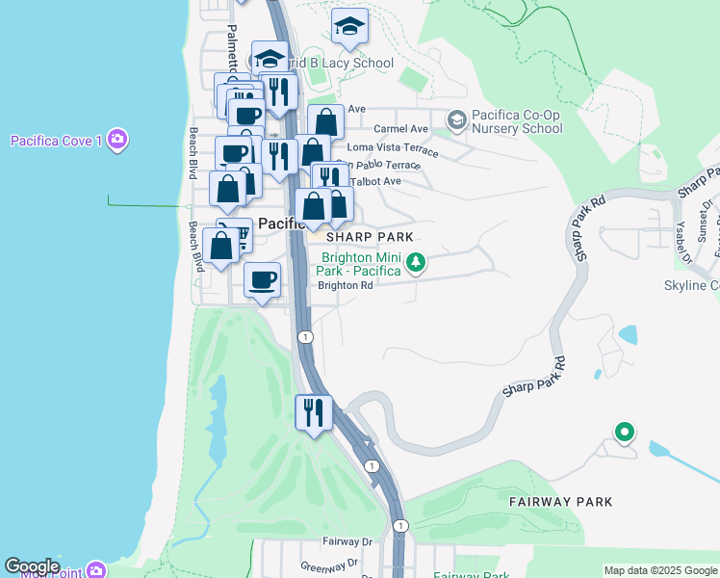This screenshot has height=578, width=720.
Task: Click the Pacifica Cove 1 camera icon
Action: [x=118, y=141]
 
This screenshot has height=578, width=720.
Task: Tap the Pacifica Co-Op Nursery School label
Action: [x=517, y=122]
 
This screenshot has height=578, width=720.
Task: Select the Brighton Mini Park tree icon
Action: [x=416, y=262]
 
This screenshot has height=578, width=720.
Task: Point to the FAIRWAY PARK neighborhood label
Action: [x=560, y=502]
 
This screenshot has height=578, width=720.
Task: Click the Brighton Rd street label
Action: [x=345, y=285]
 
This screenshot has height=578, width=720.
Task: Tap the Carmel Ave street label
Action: [x=400, y=128]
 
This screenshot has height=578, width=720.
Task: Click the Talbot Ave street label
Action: [x=377, y=181]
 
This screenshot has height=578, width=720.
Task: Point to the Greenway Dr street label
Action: [x=329, y=565]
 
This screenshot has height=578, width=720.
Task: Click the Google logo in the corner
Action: [x=32, y=566]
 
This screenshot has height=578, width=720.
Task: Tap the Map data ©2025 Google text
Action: [x=660, y=570]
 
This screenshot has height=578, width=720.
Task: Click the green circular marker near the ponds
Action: [x=625, y=433]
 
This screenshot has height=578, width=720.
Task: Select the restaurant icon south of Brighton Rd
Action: [x=314, y=413]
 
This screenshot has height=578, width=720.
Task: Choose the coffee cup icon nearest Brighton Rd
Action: [x=262, y=280]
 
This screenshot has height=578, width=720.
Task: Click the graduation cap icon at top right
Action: [x=351, y=29]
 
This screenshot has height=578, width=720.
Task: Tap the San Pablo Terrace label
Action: [x=383, y=165]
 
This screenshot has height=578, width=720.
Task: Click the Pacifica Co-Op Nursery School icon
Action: [x=456, y=119]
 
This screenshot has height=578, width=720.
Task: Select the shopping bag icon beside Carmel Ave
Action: [x=326, y=122]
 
